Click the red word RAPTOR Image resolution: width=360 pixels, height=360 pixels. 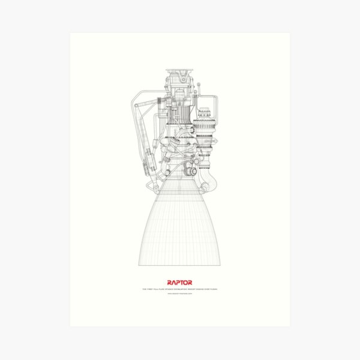180,281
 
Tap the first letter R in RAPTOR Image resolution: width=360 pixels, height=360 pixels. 170,281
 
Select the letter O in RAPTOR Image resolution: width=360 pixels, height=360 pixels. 186,281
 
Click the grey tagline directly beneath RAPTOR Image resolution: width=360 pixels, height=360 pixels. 180,288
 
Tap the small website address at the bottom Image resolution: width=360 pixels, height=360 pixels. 180,293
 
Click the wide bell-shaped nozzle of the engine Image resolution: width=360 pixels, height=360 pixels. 179,228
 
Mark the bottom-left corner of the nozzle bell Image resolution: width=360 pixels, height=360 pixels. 140,265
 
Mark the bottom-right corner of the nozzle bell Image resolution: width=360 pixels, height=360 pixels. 220,265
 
